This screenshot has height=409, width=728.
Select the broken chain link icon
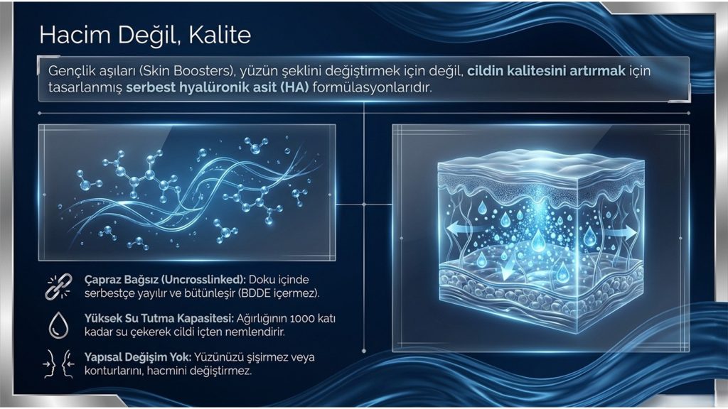pos(58,286)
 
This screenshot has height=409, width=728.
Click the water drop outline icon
pos(58,325)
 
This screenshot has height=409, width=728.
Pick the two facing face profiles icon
pos(58,364)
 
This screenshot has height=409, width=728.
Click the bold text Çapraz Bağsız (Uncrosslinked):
pos(165,280)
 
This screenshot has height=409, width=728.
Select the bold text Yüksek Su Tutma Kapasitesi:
pos(159,319)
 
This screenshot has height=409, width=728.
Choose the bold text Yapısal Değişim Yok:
pos(138,357)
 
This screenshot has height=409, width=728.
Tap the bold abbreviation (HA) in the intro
pos(294,87)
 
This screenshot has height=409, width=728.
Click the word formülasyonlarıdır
pos(373,87)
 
